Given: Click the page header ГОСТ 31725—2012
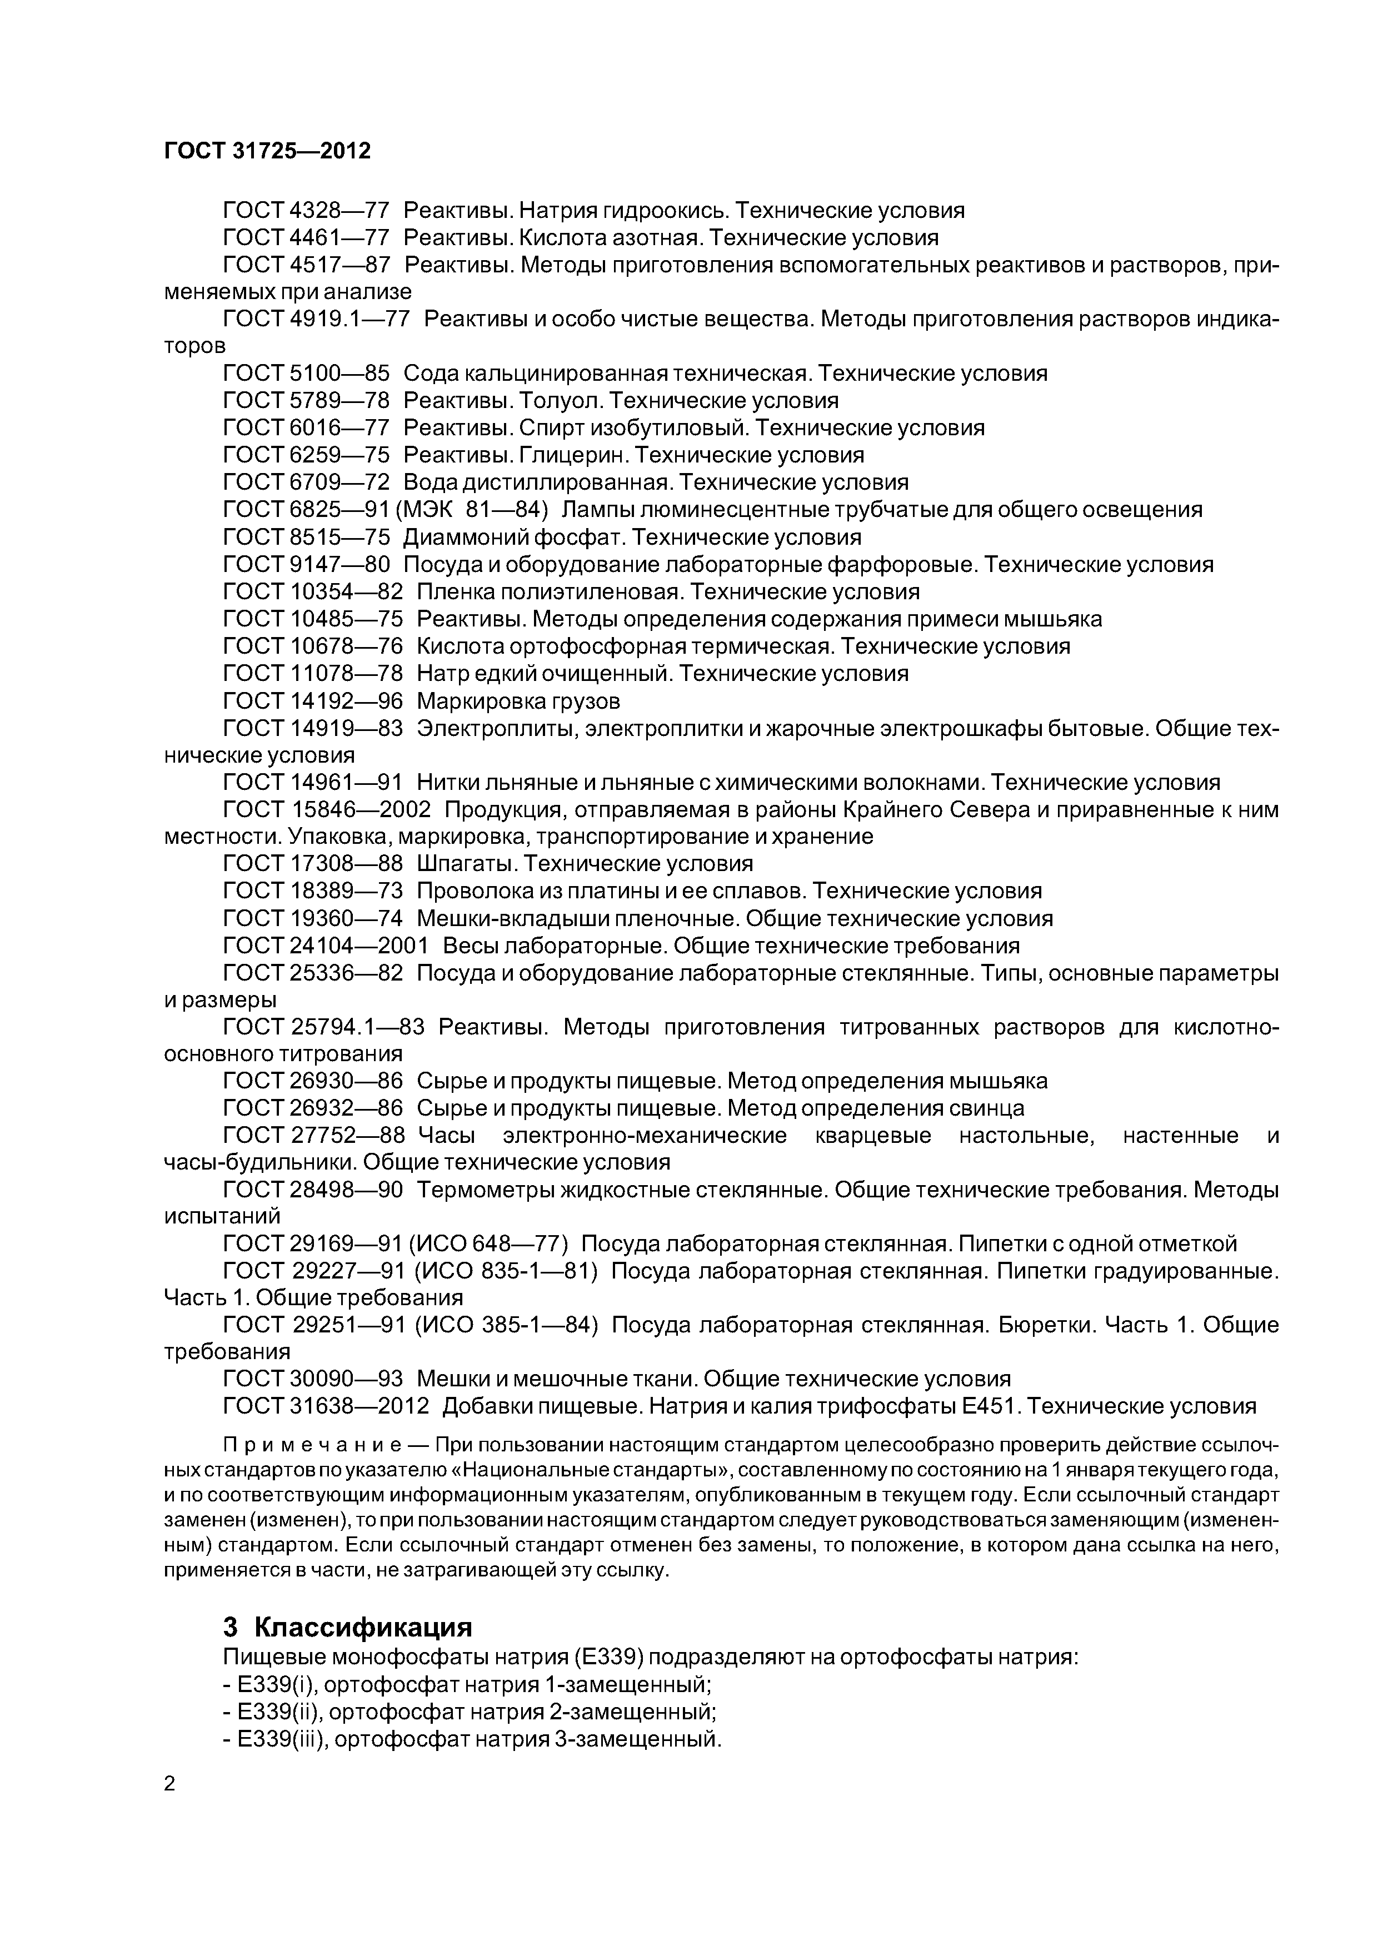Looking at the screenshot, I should (267, 151).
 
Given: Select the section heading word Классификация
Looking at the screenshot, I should (363, 1627).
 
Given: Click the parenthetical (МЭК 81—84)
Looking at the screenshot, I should (472, 510).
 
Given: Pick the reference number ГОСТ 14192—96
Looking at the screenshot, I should (312, 700).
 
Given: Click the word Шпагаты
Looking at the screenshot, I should (468, 864).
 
